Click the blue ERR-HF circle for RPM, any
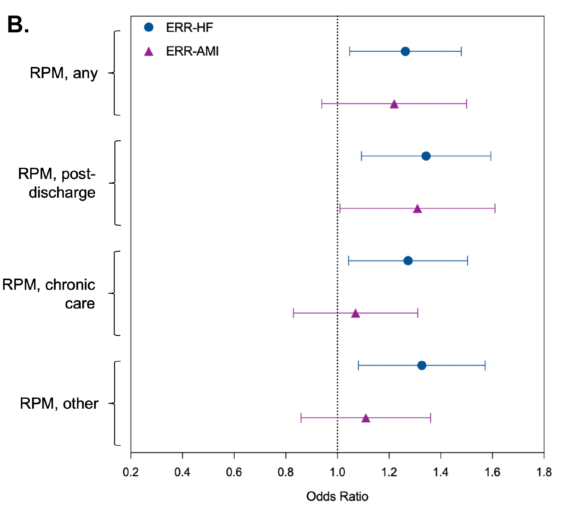(x=405, y=51)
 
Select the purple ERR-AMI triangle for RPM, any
(x=394, y=104)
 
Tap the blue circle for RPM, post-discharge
(x=426, y=156)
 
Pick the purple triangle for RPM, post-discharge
(x=417, y=209)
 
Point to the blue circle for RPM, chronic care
(x=408, y=261)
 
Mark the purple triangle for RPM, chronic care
(x=355, y=313)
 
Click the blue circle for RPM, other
(x=422, y=365)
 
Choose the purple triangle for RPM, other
(x=366, y=418)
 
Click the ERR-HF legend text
(x=189, y=28)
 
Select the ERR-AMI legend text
(x=192, y=51)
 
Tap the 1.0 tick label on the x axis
(x=337, y=472)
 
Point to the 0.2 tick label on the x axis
(x=130, y=472)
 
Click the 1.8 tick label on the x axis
(x=544, y=472)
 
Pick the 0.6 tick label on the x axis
(x=234, y=472)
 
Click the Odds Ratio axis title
(x=337, y=496)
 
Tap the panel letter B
(x=18, y=25)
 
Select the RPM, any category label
(x=64, y=73)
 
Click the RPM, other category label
(x=59, y=404)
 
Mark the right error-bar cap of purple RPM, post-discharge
(x=495, y=209)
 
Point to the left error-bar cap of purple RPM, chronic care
(x=293, y=313)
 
